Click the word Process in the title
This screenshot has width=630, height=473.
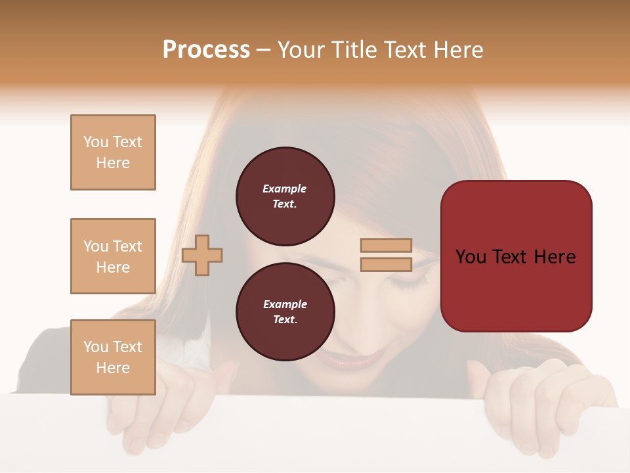206,50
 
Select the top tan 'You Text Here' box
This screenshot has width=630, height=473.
113,152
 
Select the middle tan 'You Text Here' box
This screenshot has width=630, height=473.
113,256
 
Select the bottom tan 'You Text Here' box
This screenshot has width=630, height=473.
113,357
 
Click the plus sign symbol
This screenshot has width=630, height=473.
202,255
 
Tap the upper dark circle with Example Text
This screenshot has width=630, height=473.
285,196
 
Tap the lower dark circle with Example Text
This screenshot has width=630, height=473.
285,311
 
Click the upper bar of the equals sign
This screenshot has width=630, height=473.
386,246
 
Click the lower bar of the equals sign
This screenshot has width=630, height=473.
386,264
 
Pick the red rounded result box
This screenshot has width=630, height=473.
516,256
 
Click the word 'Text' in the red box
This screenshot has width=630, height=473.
515,256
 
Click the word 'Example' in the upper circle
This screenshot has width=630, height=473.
285,189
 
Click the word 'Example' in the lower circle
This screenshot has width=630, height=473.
285,304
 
